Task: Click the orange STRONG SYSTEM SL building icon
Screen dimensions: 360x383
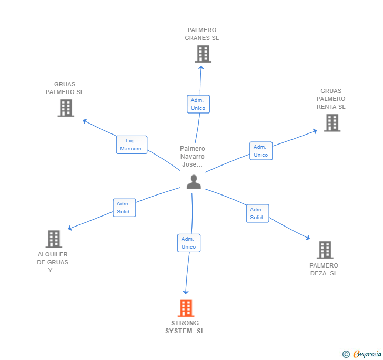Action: point(186,308)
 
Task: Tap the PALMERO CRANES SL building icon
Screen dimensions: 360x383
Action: point(203,54)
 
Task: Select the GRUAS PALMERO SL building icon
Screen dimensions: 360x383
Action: point(66,108)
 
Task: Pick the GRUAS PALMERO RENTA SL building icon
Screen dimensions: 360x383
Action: point(332,122)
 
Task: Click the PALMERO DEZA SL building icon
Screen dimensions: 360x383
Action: point(325,250)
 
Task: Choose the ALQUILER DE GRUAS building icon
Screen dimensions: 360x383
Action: point(54,239)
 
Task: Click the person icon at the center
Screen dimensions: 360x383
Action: point(194,182)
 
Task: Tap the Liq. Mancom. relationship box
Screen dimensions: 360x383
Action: point(132,145)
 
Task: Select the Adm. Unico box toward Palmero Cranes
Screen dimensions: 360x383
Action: point(198,104)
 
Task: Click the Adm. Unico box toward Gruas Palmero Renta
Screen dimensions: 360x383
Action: point(261,151)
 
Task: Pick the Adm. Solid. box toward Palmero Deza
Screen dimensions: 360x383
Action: point(257,213)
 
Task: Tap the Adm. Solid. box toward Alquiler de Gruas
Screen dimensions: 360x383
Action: point(124,208)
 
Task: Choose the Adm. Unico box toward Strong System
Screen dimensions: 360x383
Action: point(188,243)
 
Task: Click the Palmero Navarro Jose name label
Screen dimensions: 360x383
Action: point(192,157)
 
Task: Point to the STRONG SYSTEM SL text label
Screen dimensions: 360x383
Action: point(185,327)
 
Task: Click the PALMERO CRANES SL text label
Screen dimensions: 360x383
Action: point(202,34)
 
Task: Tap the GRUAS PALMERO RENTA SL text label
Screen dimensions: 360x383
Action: point(331,99)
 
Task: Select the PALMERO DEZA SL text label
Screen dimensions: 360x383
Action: point(324,270)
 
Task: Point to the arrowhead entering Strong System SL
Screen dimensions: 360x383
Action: point(185,292)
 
